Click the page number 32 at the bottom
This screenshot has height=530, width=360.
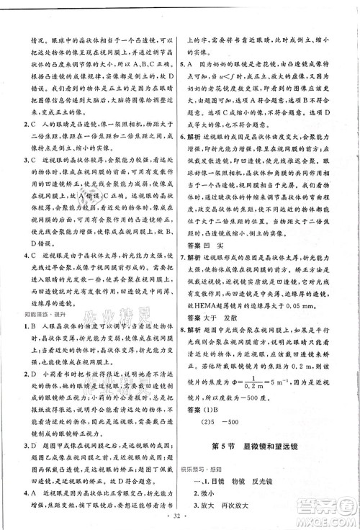pyautogui.click(x=180, y=517)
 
